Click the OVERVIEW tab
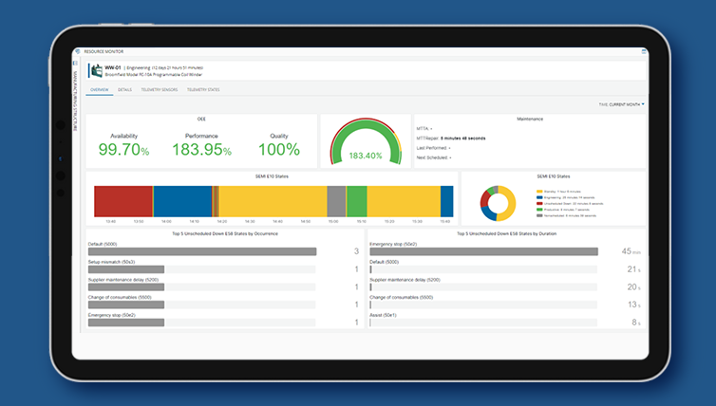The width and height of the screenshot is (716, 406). pos(100,89)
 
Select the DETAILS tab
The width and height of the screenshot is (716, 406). pos(124,89)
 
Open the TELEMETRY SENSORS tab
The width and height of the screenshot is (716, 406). pos(159,89)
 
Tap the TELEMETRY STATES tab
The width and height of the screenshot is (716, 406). pos(203,89)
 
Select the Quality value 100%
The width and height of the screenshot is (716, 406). pos(278,151)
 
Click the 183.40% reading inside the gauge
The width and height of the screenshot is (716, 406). pos(365,155)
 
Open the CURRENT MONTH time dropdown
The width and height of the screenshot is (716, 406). pos(625,103)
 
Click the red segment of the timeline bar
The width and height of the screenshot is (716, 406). pos(122,201)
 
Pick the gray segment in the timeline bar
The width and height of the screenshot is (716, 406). pos(335,201)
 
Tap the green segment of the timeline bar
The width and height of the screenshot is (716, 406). pos(356,201)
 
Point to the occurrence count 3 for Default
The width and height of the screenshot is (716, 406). pos(355,251)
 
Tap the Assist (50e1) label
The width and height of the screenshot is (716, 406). pos(384,314)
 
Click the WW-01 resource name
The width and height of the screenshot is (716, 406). pos(112,67)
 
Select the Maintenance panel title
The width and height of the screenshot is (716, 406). pos(529,120)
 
